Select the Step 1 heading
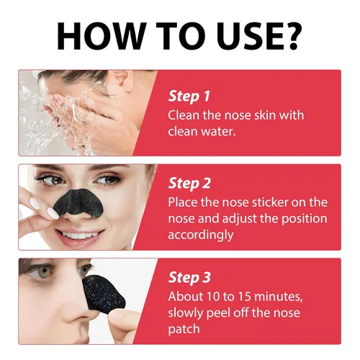pyautogui.click(x=189, y=96)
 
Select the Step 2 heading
pyautogui.click(x=189, y=184)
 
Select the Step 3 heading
pyautogui.click(x=189, y=277)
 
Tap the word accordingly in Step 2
pyautogui.click(x=201, y=235)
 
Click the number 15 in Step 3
pyautogui.click(x=245, y=297)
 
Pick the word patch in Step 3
pyautogui.click(x=184, y=329)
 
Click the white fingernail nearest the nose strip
pyautogui.click(x=53, y=213)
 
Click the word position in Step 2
pyautogui.click(x=304, y=219)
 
